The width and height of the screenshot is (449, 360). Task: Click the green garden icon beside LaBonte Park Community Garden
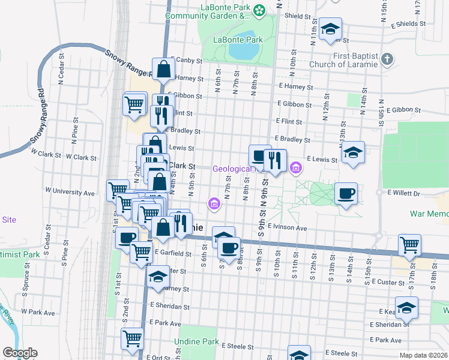pyautogui.click(x=259, y=10)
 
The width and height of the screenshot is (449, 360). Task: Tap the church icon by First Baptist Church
pyautogui.click(x=387, y=59)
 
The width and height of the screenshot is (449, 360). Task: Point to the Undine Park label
pyautogui.click(x=196, y=341)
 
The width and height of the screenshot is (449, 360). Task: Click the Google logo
pyautogui.click(x=20, y=353)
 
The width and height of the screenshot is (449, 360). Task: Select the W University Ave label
pyautogui.click(x=71, y=193)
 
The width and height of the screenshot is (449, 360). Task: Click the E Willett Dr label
pyautogui.click(x=406, y=193)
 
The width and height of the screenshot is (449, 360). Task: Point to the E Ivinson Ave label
pyautogui.click(x=288, y=228)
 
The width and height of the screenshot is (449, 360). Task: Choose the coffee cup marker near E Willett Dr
pyautogui.click(x=346, y=194)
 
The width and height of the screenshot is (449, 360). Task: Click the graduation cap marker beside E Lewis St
pyautogui.click(x=354, y=152)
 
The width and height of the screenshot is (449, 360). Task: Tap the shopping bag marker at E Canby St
pyautogui.click(x=163, y=69)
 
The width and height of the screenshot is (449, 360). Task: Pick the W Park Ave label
pyautogui.click(x=38, y=312)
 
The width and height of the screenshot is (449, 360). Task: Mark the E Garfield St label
pyautogui.click(x=172, y=254)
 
